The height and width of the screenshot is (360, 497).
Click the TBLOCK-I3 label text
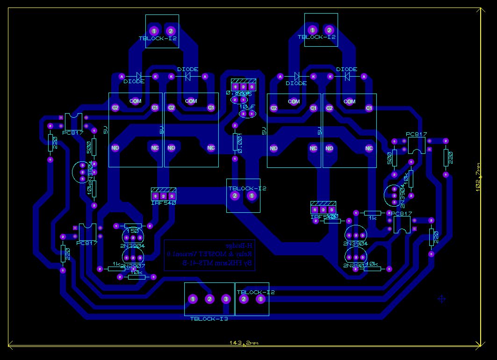click(x=209, y=319)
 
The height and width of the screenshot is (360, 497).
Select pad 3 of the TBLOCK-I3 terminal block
click(x=226, y=299)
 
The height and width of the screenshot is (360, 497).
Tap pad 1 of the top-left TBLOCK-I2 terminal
click(x=154, y=31)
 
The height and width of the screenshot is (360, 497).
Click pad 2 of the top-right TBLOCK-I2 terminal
click(x=329, y=30)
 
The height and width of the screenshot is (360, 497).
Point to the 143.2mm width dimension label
click(x=244, y=343)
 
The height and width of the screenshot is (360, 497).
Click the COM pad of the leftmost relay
click(x=135, y=101)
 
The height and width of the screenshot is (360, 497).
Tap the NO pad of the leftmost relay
click(x=115, y=148)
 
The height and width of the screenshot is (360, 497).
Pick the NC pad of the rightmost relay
click(x=369, y=149)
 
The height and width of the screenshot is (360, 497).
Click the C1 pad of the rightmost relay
click(x=369, y=108)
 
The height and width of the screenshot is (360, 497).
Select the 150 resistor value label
click(x=133, y=231)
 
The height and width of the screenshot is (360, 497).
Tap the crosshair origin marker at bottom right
click(x=441, y=299)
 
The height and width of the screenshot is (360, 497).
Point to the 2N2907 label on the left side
click(x=133, y=266)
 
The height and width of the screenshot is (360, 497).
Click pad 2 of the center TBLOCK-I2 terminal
click(x=235, y=195)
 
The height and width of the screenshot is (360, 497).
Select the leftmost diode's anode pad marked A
click(x=122, y=76)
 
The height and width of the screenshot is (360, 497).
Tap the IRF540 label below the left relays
click(x=163, y=203)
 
